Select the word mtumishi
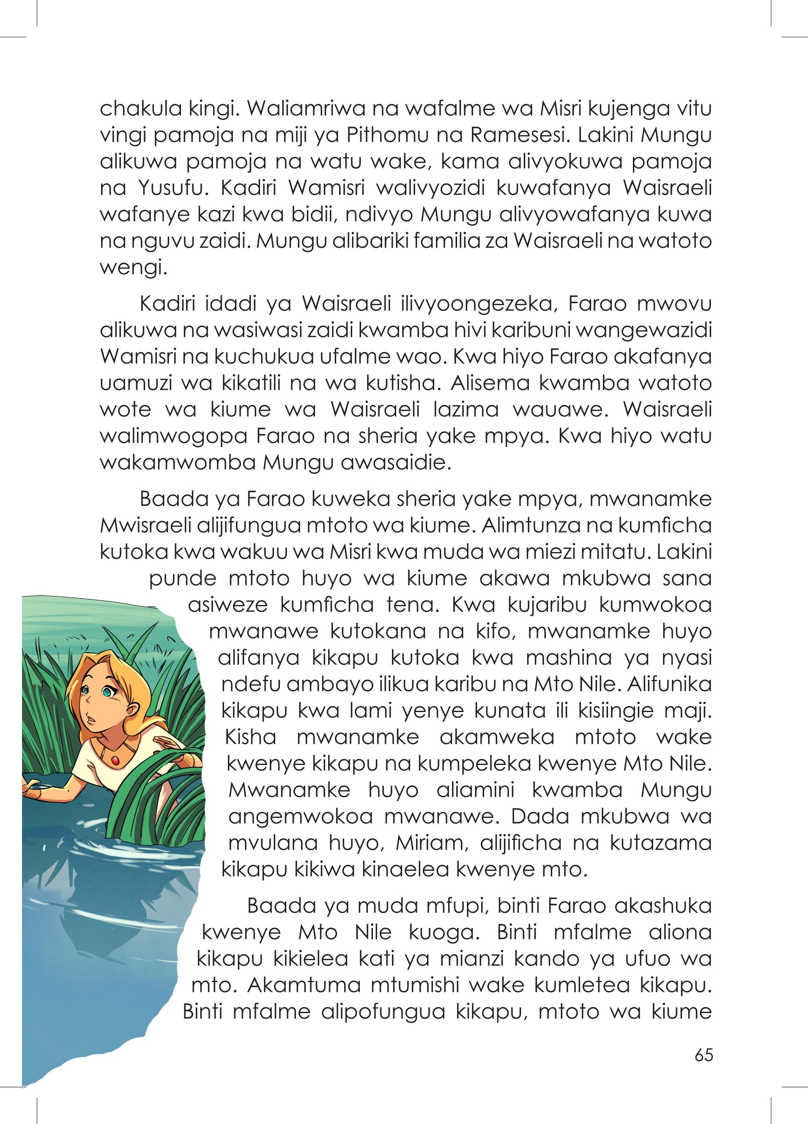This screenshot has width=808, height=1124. pyautogui.click(x=410, y=985)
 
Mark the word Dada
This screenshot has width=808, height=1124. pyautogui.click(x=543, y=817)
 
